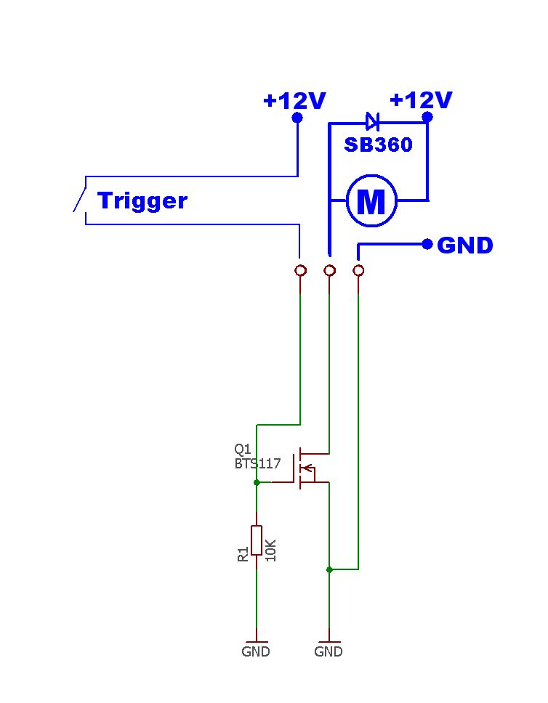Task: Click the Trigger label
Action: tap(142, 201)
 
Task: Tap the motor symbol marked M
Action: tap(371, 201)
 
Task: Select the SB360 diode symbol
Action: tap(372, 121)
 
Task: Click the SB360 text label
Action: tap(378, 145)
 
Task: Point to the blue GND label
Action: tap(465, 245)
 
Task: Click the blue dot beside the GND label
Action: tap(427, 244)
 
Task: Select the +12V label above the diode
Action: tap(421, 100)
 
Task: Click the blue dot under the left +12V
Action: tap(297, 118)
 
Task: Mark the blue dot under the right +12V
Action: tap(427, 118)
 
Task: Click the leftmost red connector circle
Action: tap(300, 270)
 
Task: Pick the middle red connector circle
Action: tap(329, 270)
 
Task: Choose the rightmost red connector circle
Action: tap(358, 270)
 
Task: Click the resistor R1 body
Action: tap(257, 540)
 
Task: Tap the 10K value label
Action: tap(270, 550)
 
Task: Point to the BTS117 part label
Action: tap(257, 463)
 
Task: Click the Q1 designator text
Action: tap(243, 449)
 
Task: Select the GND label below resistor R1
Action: tap(256, 651)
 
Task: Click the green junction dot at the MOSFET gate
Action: tap(257, 482)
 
